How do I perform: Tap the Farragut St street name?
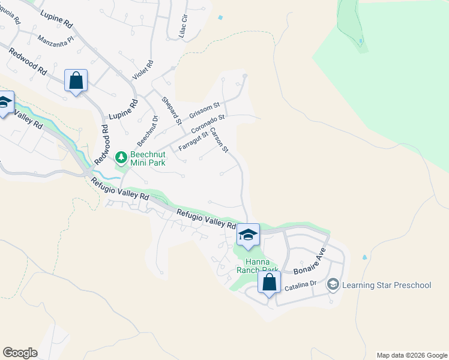(x=193, y=142)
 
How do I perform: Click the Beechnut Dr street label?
(x=147, y=130)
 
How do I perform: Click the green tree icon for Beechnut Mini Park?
(x=121, y=157)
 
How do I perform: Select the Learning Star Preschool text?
(x=387, y=284)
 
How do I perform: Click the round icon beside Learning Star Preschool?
(x=333, y=284)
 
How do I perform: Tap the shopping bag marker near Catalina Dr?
(x=270, y=282)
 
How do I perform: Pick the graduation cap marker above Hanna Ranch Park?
(x=247, y=235)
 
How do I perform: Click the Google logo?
(x=19, y=353)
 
